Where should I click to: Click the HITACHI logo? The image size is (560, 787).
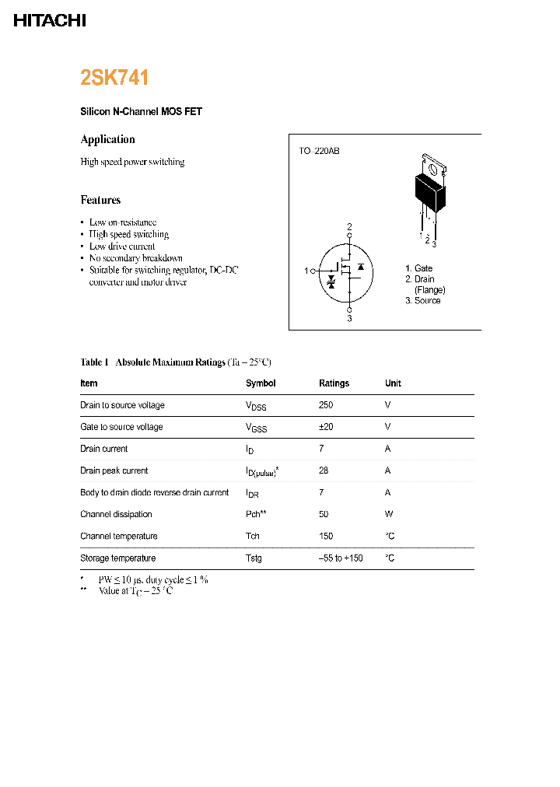pos(50,21)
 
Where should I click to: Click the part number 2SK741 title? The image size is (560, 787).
pos(114,78)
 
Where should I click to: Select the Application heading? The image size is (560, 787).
pos(108,139)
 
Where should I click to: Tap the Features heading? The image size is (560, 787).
pos(101,200)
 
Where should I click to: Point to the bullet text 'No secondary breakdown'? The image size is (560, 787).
pos(136,258)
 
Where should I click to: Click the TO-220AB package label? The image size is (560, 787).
pos(319,151)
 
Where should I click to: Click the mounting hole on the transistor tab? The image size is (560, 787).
pos(432,165)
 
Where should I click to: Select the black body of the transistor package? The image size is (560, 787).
pos(429,193)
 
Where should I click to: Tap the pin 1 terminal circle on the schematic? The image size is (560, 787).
pos(313,271)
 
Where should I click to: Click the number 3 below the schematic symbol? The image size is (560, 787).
pos(349,318)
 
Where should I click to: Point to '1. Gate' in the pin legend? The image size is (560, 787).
pos(418,268)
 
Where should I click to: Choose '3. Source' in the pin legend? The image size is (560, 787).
pos(422,301)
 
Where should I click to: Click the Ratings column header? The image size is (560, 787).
pos(334,383)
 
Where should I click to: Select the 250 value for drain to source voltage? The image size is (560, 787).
pos(326,405)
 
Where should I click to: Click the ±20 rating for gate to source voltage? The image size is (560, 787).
pos(327,427)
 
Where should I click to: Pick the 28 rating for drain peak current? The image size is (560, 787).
pos(324,470)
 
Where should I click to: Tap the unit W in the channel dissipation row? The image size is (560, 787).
pos(388,514)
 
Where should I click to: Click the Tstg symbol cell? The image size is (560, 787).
pos(254,558)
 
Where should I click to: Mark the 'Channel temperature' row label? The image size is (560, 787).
pos(118,536)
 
